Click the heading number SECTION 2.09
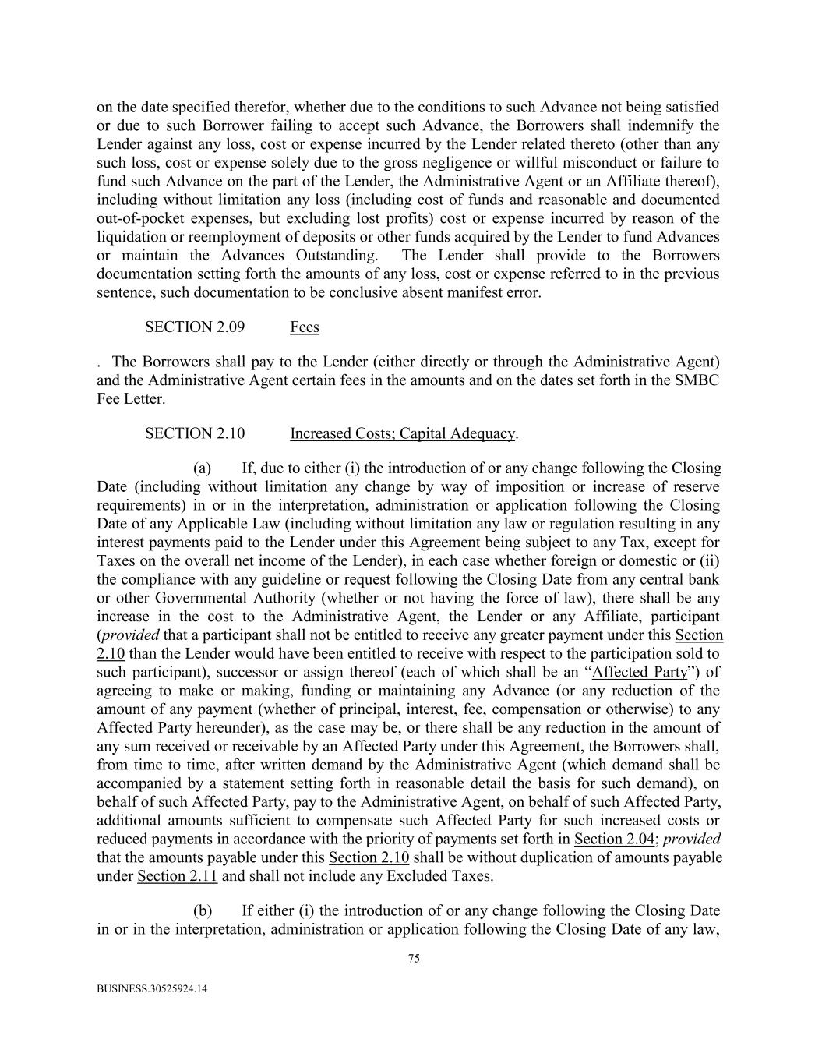[x=194, y=327]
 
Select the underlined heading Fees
[x=304, y=327]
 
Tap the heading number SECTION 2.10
[x=194, y=433]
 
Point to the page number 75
[x=414, y=959]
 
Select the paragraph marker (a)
[x=203, y=468]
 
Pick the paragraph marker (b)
[x=203, y=911]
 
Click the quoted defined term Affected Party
[x=640, y=672]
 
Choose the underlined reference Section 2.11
[x=177, y=876]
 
